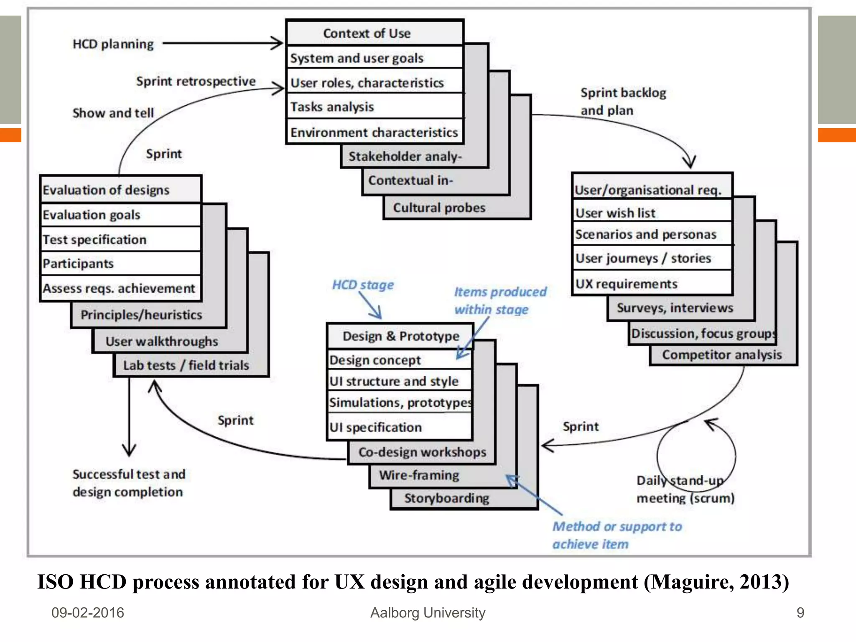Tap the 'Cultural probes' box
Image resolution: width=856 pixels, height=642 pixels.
coord(439,208)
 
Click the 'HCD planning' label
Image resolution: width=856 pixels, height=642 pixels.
coord(113,44)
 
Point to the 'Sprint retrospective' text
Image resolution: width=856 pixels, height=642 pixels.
coord(196,81)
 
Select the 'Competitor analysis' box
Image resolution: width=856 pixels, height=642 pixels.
coord(722,355)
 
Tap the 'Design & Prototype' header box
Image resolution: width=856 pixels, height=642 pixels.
coord(400,336)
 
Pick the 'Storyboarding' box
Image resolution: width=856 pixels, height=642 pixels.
coord(446,498)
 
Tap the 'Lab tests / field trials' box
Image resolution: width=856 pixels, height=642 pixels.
coord(186,365)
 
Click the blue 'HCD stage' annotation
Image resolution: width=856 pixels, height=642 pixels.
coord(363,285)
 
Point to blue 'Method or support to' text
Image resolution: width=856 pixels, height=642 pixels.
coord(617,527)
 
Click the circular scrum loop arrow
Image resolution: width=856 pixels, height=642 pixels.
coord(695,456)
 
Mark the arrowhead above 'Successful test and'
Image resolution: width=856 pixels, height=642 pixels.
coord(129,451)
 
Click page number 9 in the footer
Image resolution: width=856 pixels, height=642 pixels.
coord(800,613)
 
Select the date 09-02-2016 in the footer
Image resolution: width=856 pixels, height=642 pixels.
coord(88,613)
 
